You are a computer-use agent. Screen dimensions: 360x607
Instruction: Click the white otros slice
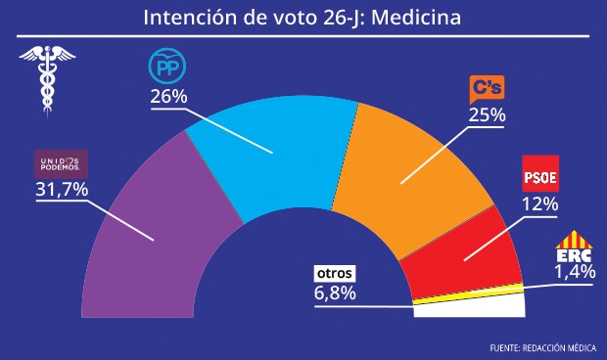click(x=470, y=308)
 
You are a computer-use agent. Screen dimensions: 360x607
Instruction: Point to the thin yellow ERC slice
click(x=470, y=294)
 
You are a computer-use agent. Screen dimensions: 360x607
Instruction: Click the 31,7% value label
click(x=62, y=189)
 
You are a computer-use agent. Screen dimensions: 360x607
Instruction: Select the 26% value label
click(x=168, y=98)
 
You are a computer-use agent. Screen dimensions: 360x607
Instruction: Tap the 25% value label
click(x=486, y=115)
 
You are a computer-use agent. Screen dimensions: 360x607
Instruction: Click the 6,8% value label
click(x=335, y=292)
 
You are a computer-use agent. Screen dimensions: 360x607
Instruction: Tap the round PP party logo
click(x=166, y=67)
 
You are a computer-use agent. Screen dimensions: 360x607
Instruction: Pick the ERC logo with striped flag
click(x=575, y=247)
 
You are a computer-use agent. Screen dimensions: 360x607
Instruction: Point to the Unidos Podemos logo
click(x=61, y=162)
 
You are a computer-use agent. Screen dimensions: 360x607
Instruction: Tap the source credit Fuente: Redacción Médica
click(x=543, y=348)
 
